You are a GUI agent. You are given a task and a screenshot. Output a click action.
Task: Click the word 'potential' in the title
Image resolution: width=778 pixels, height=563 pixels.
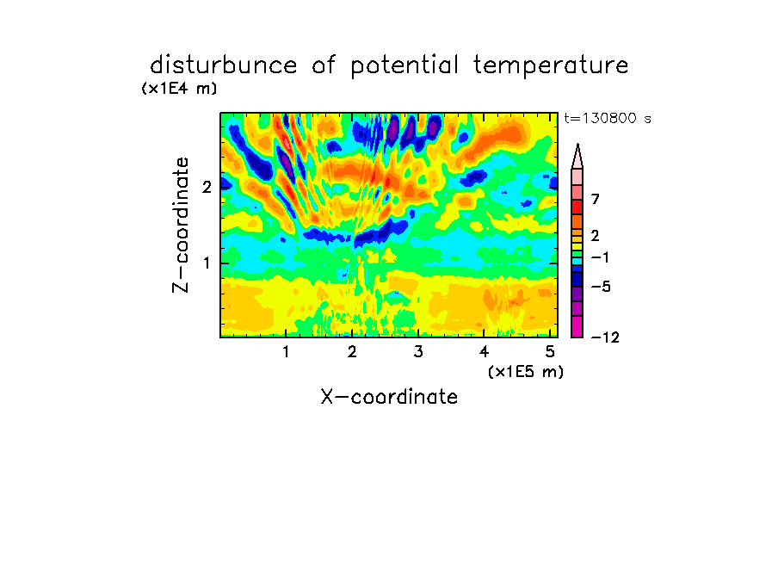(x=404, y=66)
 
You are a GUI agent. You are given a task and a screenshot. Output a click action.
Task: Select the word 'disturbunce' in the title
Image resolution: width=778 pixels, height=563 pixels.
(x=223, y=65)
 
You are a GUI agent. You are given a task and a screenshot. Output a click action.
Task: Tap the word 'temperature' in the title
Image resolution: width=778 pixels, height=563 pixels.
(x=551, y=66)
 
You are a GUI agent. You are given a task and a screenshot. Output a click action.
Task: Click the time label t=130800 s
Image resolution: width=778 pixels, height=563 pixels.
(x=608, y=118)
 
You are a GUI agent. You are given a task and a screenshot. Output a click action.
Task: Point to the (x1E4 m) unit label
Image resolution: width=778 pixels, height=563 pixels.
(x=179, y=89)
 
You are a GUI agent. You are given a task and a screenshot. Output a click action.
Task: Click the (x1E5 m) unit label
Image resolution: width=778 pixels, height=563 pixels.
(x=526, y=371)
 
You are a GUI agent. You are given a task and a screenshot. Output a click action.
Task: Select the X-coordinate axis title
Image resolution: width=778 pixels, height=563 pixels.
(x=389, y=397)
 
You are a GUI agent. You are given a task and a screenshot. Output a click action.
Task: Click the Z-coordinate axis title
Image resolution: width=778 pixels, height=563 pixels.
(x=181, y=225)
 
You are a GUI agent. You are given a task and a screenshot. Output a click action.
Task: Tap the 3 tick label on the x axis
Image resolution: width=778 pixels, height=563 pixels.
(x=418, y=351)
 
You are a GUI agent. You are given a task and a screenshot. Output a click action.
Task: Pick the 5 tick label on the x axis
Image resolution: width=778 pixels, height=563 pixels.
(x=550, y=351)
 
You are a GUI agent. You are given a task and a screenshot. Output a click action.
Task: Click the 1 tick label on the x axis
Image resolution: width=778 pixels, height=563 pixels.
(x=287, y=351)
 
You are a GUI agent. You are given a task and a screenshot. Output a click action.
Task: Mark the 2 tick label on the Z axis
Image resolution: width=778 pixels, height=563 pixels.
(x=207, y=187)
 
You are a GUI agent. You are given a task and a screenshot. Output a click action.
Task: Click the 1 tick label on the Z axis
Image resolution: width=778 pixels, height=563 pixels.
(x=207, y=263)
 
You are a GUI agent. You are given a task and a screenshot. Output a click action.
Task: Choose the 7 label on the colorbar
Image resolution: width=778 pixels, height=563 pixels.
(x=596, y=199)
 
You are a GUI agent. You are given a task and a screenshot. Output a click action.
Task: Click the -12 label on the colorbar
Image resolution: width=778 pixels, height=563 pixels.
(x=605, y=337)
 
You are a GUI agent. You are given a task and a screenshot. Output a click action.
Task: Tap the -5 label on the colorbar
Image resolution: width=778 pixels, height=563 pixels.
(x=601, y=287)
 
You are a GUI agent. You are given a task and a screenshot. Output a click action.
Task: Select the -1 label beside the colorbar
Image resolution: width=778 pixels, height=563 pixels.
(x=600, y=257)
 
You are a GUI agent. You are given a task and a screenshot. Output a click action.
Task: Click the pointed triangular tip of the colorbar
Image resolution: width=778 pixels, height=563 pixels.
(x=577, y=145)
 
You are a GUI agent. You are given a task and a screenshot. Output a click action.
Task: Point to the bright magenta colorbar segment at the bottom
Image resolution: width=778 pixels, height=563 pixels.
(x=577, y=326)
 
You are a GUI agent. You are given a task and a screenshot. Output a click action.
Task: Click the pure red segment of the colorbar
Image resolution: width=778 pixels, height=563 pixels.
(x=577, y=207)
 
